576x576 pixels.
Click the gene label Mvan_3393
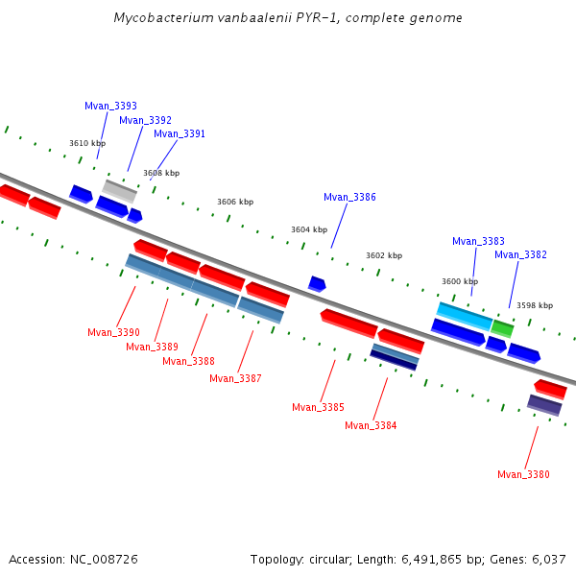coord(110,106)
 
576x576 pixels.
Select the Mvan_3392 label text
coord(145,120)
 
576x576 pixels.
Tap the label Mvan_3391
coord(180,134)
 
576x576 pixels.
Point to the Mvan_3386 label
coord(349,197)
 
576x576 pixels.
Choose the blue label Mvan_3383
coord(478,241)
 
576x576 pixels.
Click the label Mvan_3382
coord(520,254)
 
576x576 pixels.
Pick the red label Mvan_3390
coord(113,332)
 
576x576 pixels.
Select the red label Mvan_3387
coord(235,378)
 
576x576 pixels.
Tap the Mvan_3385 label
coord(318,407)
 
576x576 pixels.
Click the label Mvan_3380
coord(523,474)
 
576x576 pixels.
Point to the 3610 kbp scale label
coord(86,143)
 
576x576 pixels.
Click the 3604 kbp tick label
coord(309,230)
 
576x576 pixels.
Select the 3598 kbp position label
coord(535,305)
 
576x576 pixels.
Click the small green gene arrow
coord(502,328)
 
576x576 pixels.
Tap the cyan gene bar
coord(465,315)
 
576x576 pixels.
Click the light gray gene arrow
coord(120,190)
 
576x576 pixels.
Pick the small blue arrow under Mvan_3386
coord(317,283)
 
